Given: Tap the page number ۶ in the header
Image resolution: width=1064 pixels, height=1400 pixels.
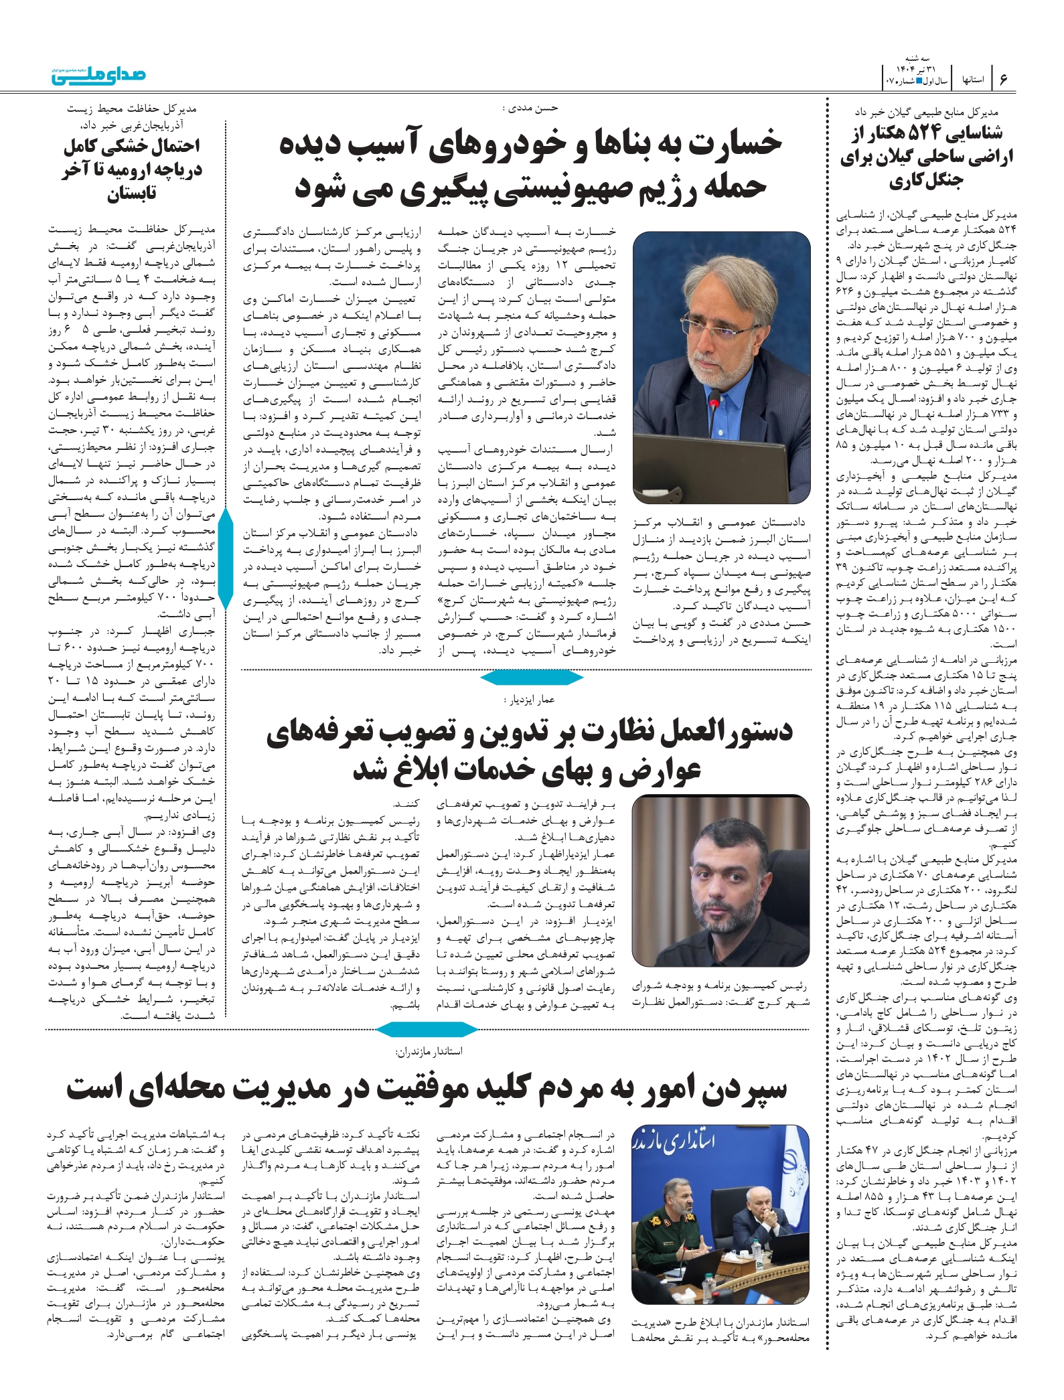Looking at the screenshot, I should coord(1003,79).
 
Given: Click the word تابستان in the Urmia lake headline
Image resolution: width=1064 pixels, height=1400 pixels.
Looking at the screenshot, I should coord(132,193).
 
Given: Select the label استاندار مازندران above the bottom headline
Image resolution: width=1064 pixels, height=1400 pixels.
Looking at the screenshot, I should coord(429,1051).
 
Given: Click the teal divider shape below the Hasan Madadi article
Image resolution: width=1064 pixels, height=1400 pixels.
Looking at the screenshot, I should coord(532,679).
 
